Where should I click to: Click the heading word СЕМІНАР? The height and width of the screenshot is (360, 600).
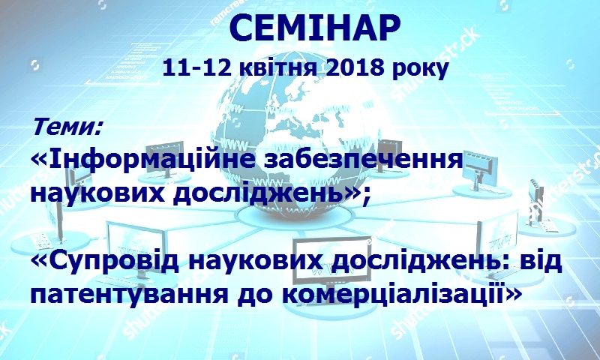[314, 28]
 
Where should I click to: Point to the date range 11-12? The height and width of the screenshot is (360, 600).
[196, 68]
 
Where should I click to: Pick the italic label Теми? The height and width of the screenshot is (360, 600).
[67, 127]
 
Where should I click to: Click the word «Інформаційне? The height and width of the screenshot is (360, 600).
[143, 160]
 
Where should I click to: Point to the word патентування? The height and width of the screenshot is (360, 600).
[128, 295]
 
